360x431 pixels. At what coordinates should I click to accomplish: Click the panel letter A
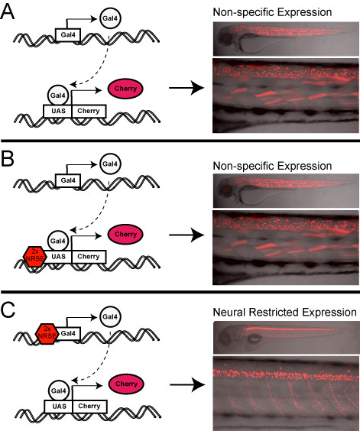pos(8,11)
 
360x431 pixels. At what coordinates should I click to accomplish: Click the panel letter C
pos(8,310)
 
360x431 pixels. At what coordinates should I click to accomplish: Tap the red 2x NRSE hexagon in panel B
pos(34,256)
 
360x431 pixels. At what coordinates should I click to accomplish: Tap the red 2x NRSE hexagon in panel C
pos(47,334)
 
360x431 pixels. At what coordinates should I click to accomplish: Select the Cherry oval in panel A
pos(125,89)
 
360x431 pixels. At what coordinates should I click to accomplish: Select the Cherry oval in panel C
pos(126,384)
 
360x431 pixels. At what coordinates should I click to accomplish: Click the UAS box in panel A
pos(58,111)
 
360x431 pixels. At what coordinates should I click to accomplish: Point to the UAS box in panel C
pos(59,407)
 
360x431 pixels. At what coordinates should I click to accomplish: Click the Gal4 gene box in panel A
pos(68,35)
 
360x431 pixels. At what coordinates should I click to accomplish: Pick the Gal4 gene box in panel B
pos(68,180)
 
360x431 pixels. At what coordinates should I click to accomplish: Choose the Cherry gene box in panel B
pos(89,257)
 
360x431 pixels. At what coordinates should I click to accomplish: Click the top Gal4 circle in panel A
pos(110,18)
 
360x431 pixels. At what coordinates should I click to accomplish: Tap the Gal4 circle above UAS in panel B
pos(58,241)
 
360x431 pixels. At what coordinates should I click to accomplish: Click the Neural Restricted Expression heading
pos(284,313)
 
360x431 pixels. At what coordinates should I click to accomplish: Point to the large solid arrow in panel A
pos(186,88)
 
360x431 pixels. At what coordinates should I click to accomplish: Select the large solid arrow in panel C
pos(187,384)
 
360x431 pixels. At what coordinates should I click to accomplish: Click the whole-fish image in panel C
pos(286,337)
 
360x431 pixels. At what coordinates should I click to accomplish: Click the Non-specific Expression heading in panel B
pos(272,166)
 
